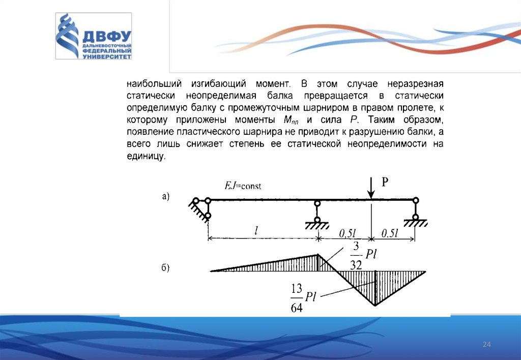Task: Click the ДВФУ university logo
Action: click(94, 37)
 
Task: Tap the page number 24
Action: click(486, 345)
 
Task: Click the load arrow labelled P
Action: click(372, 188)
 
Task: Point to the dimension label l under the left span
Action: click(257, 231)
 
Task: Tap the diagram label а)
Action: click(166, 197)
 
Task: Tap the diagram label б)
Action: click(166, 268)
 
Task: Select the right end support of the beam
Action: click(416, 213)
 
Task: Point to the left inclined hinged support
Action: click(201, 208)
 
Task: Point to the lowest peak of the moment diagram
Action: click(375, 305)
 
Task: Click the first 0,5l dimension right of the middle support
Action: click(347, 233)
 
